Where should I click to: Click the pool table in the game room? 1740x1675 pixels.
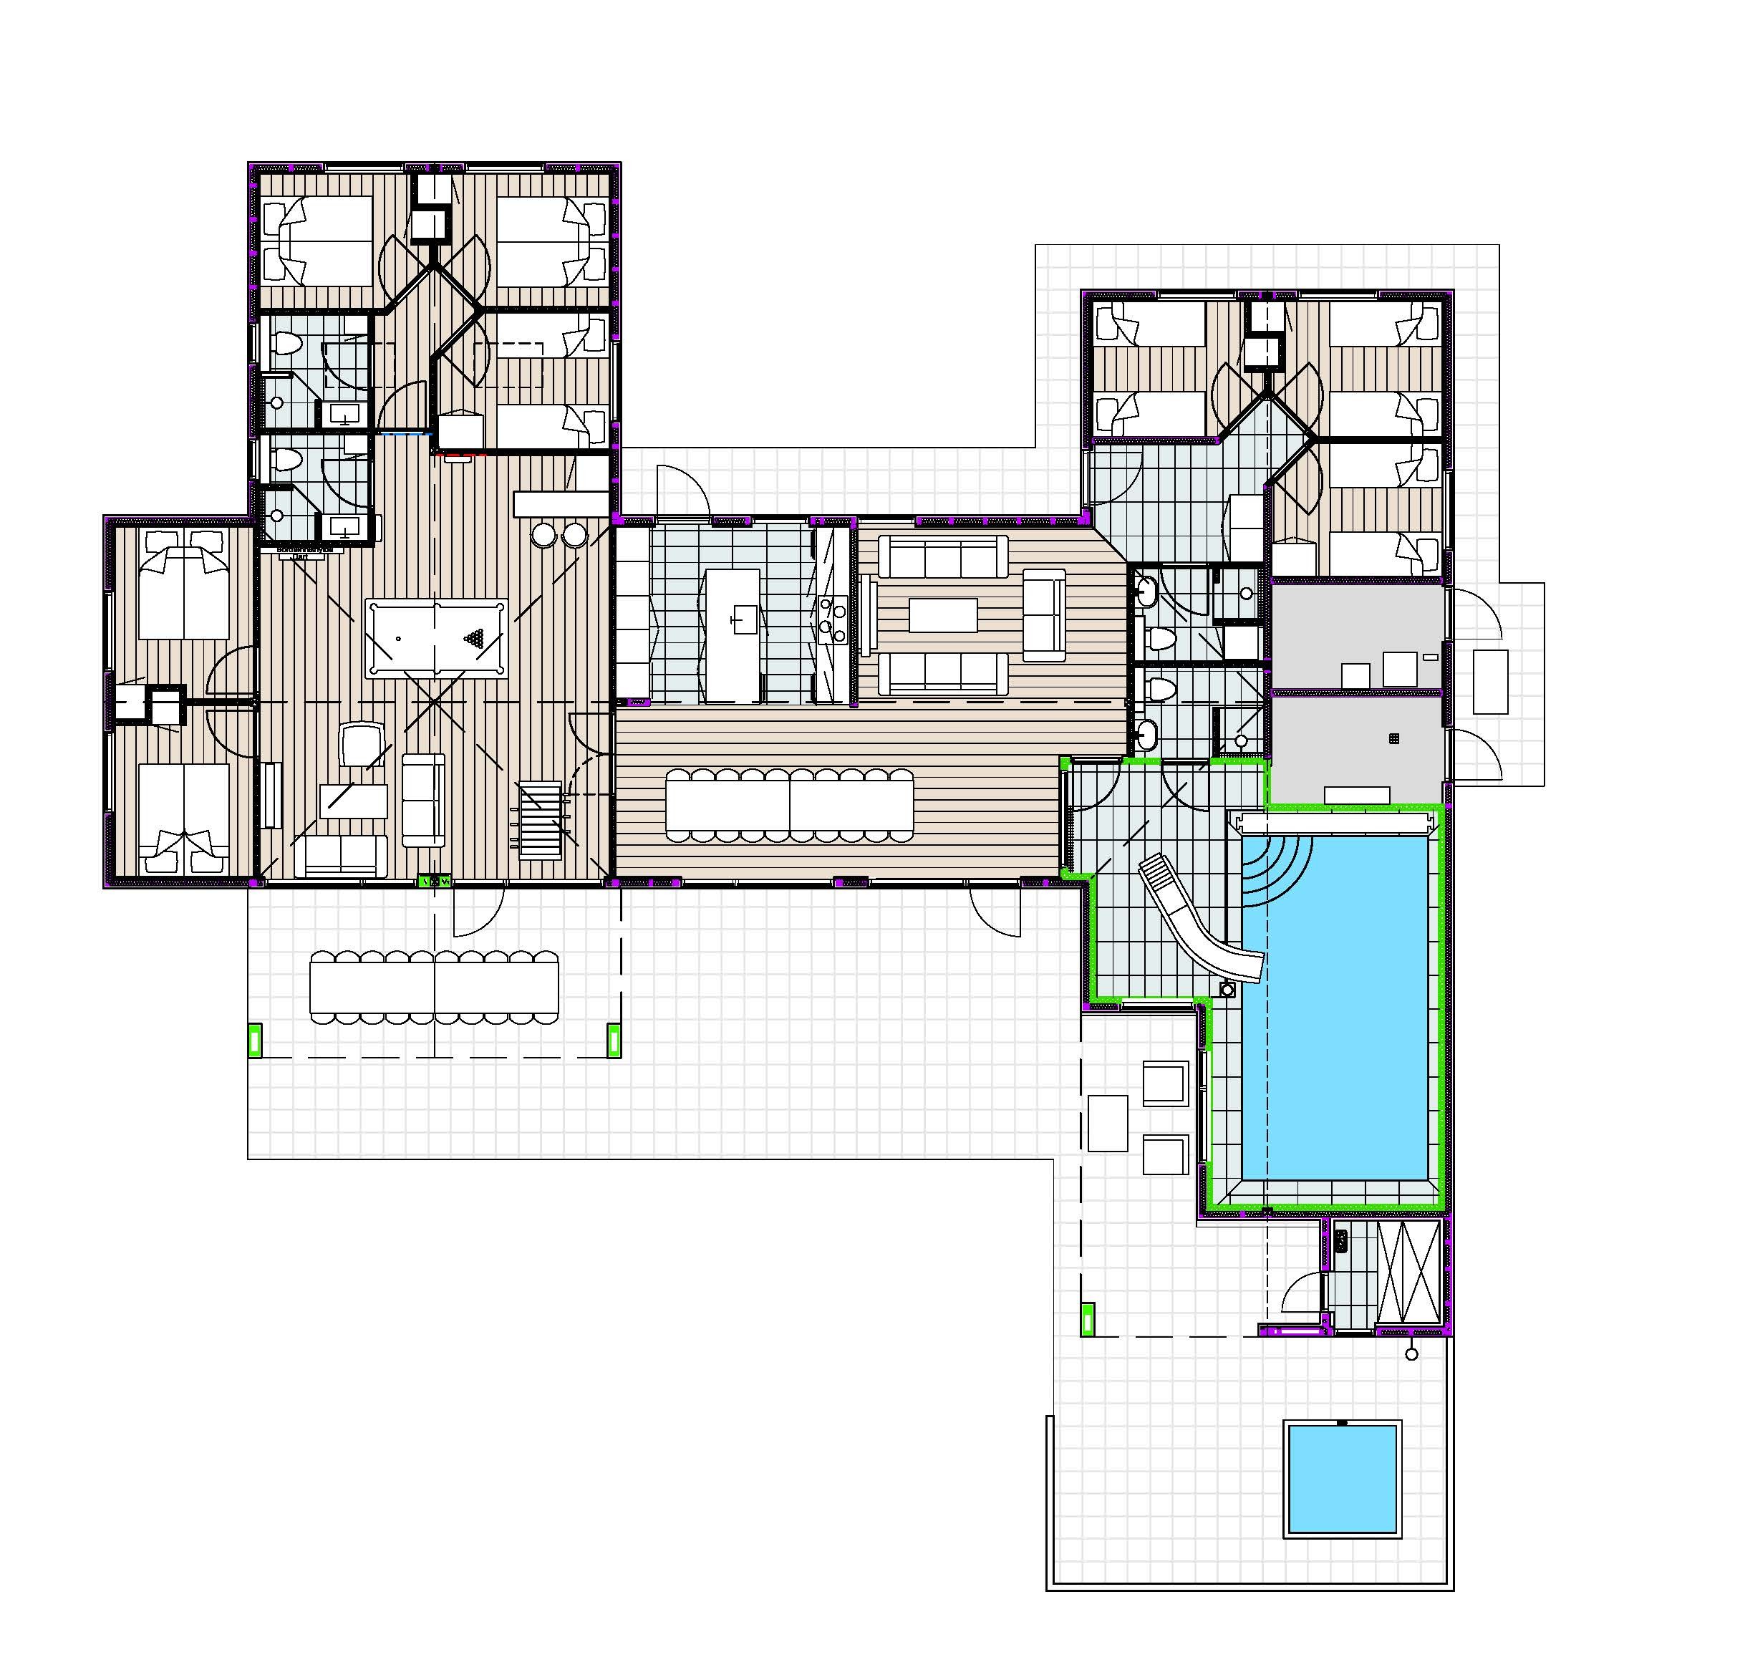pos(436,638)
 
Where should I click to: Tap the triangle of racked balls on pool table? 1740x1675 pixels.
pos(477,637)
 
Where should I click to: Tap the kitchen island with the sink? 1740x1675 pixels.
pos(733,634)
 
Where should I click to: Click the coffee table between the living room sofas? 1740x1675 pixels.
pos(943,615)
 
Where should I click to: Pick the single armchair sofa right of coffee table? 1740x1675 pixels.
pos(1044,615)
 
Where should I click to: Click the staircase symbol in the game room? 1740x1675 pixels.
pos(541,819)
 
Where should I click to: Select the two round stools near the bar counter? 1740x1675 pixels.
pos(559,535)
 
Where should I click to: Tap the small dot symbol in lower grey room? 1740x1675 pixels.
pos(1393,738)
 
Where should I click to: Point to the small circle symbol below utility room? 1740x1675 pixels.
pos(1411,1353)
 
